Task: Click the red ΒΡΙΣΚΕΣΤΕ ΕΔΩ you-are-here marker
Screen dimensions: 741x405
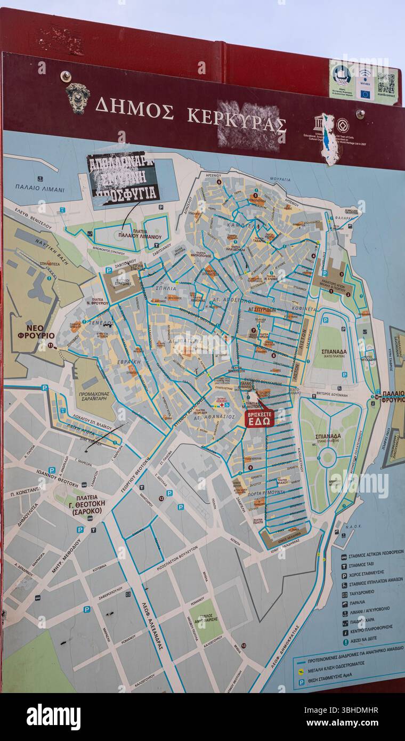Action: [x=259, y=418]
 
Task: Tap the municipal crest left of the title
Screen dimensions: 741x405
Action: [x=78, y=98]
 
